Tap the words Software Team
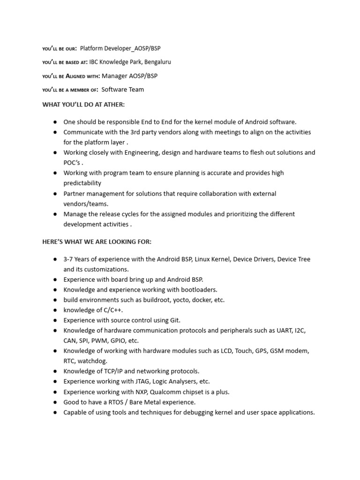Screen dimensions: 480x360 click(123, 89)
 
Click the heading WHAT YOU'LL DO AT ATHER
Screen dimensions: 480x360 click(83, 104)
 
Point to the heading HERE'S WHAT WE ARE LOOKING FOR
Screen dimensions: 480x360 click(97, 241)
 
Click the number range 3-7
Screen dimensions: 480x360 click(69, 259)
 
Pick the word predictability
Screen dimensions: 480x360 click(82, 183)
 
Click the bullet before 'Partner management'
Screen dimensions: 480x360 click(55, 194)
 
